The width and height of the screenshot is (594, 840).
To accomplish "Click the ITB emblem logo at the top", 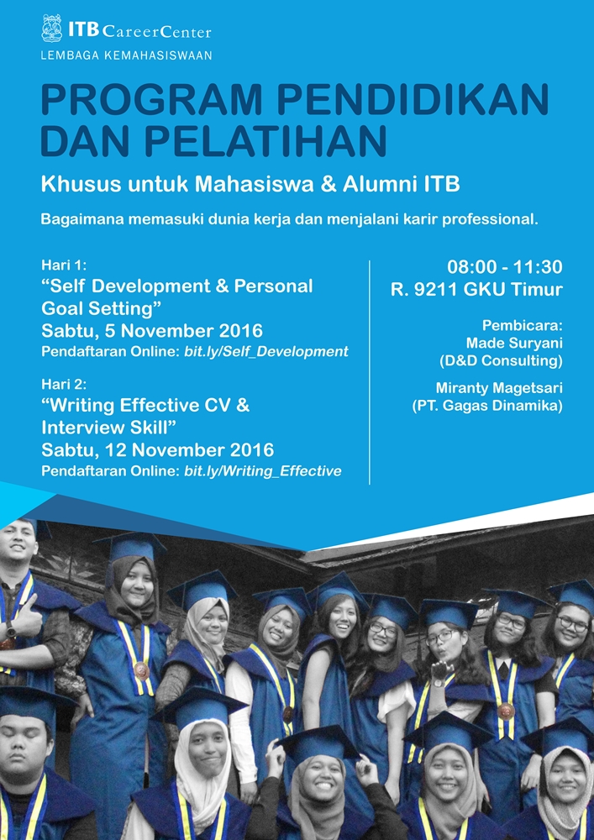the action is click(x=52, y=29).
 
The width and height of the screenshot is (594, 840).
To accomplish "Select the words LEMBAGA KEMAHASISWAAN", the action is click(x=126, y=55).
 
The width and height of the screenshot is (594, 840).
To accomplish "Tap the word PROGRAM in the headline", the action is click(x=151, y=99).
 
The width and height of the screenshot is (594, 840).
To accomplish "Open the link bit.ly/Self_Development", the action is click(x=266, y=352).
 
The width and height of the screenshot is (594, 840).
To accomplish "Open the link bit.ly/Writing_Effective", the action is click(x=262, y=471).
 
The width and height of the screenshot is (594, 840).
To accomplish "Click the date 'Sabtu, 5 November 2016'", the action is click(x=152, y=331).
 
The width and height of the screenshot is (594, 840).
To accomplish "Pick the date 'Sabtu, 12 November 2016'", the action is click(x=157, y=450).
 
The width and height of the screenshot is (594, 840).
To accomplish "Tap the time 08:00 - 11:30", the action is click(x=505, y=267).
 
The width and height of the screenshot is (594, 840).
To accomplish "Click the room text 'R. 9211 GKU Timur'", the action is click(x=476, y=290).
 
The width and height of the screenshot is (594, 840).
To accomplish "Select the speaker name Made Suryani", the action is click(x=514, y=344).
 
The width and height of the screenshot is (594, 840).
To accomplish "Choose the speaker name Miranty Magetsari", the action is click(x=499, y=388).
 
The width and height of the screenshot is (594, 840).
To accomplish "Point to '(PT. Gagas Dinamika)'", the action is click(x=487, y=406).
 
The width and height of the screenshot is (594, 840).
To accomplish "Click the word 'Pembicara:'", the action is click(x=523, y=325).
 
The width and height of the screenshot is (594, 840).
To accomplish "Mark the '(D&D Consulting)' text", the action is click(x=501, y=361).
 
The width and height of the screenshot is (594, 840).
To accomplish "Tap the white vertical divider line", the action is click(x=370, y=372).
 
